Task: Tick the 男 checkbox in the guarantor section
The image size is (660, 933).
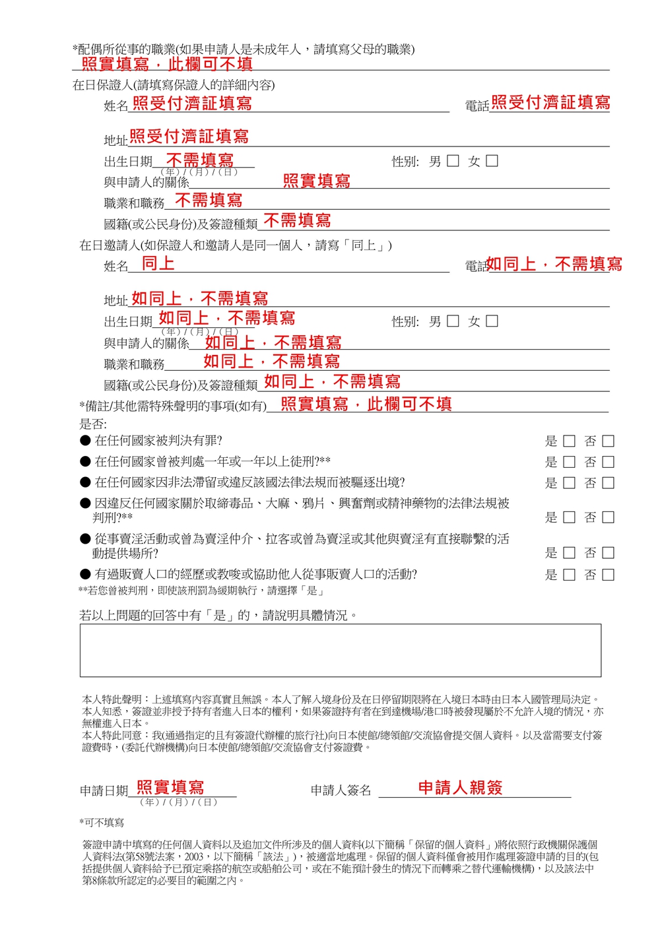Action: [453, 161]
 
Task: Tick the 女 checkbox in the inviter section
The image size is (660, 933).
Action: [492, 321]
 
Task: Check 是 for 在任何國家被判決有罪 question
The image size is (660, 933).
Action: [569, 441]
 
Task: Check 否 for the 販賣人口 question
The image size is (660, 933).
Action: [609, 575]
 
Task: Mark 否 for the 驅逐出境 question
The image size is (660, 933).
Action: [609, 483]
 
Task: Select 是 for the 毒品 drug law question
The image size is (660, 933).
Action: [569, 517]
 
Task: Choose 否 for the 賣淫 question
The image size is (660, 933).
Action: [609, 553]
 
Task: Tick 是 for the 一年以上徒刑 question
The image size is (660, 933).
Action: [569, 462]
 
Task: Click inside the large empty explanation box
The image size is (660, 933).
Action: [340, 650]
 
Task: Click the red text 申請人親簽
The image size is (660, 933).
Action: [460, 787]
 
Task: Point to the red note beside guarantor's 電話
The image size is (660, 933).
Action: [550, 102]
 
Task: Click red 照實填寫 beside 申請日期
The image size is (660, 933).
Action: [170, 787]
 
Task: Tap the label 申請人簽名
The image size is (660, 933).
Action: [341, 790]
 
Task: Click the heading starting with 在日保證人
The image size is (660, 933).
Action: [174, 85]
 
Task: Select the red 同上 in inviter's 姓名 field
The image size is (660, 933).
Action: [158, 263]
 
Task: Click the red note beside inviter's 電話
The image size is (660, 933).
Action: [554, 264]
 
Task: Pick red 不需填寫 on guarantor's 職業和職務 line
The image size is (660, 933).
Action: [209, 200]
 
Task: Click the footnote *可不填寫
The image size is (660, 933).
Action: [102, 823]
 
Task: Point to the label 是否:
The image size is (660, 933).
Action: [93, 424]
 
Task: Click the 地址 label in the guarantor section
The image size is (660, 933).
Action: [115, 140]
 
